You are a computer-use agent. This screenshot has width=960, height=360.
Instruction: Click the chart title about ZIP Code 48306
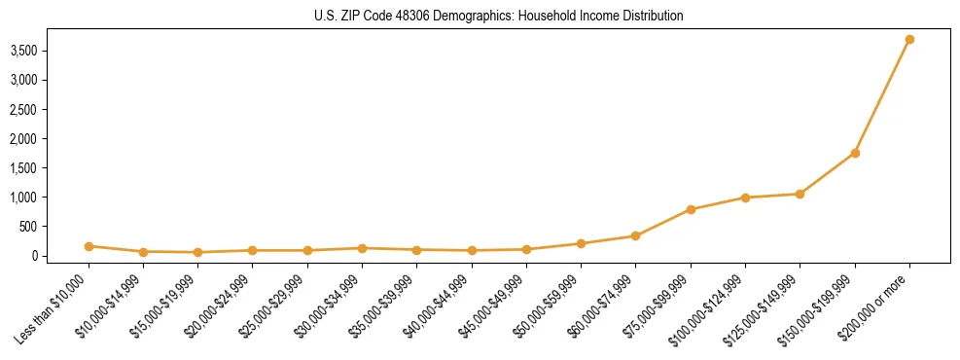pos(498,16)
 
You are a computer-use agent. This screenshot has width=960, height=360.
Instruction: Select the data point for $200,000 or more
pos(909,40)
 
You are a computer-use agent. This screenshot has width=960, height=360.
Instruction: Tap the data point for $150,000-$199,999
pos(855,153)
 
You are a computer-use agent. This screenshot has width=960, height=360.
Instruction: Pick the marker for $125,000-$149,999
pos(800,194)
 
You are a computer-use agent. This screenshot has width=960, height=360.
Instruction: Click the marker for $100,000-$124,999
pos(745,198)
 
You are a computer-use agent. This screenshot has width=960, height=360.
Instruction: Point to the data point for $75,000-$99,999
pos(691,209)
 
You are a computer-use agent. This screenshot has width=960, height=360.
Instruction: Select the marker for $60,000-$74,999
pos(635,235)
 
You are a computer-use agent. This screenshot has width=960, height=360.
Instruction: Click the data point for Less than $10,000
pos(89,246)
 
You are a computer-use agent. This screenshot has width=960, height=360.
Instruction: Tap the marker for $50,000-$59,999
pos(581,243)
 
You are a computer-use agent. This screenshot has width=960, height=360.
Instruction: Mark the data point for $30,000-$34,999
pos(362,248)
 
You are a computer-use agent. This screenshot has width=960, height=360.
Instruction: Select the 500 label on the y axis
pos(54,227)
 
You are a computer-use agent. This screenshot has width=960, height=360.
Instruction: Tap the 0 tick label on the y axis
pos(60,256)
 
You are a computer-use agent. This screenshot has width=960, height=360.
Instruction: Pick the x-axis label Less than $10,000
pos(55,308)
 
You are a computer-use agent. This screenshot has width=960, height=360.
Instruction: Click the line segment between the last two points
pos(882,96)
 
